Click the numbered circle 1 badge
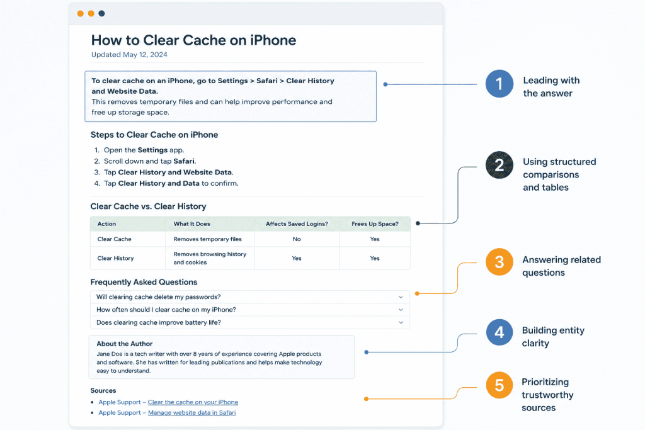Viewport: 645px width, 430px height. coord(499,84)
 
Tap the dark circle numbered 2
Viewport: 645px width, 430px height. coord(499,165)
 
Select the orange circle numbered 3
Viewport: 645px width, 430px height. coord(499,262)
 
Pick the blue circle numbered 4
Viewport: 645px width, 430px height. coord(499,332)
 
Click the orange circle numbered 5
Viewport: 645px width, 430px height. coord(499,385)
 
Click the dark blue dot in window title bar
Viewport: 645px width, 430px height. coord(101,14)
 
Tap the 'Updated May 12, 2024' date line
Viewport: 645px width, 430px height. coord(129,55)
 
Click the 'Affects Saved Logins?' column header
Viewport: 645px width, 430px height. coord(297,224)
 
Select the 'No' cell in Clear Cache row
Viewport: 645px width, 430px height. coord(297,239)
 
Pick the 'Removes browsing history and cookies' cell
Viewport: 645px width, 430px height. coord(210,258)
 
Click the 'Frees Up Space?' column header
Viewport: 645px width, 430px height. coord(375,224)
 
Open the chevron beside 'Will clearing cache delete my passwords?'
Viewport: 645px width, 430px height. coord(401,297)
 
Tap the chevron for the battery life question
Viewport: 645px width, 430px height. coord(401,323)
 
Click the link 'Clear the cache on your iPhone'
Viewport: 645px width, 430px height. coord(193,402)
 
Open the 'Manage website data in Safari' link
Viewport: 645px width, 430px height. coord(191,413)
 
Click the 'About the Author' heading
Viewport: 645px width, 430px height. coord(124,344)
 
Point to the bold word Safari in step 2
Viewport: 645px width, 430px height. coord(184,161)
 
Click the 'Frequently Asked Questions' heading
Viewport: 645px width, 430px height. coord(144,282)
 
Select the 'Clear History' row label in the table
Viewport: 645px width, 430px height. coord(116,258)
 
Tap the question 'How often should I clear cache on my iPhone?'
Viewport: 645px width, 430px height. coord(166,310)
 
